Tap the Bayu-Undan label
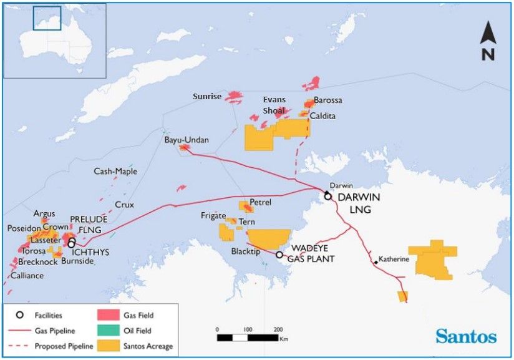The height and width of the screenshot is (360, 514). coord(187,140)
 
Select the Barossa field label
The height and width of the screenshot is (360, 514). coord(328,100)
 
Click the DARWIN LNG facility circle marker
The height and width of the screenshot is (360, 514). coord(328,196)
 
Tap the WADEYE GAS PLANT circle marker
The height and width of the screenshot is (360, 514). coord(279,255)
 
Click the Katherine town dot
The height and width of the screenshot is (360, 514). coord(376,263)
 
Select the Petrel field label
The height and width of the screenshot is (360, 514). coord(261,203)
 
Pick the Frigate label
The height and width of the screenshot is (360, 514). coord(213,216)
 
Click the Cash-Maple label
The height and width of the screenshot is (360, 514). coord(115,172)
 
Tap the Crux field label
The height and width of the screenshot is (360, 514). coord(124,205)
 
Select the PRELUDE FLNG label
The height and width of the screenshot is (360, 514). coord(89,225)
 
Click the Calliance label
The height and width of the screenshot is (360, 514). coord(27,275)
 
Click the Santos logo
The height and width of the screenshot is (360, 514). coord(466,337)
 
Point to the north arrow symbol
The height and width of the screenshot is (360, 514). coord(488,40)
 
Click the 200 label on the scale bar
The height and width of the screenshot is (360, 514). coord(278,329)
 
